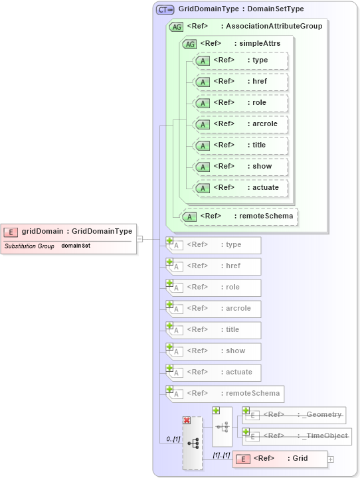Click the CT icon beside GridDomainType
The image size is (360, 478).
[165, 9]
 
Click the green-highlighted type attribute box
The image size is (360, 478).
[240, 60]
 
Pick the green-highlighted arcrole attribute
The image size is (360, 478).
[240, 124]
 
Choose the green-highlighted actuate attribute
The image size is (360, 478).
[240, 188]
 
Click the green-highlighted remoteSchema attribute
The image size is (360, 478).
[240, 216]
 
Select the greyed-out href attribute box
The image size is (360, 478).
[214, 266]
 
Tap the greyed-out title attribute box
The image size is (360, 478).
[214, 330]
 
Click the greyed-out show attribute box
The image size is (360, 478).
[214, 351]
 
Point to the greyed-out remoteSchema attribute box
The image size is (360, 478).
[224, 394]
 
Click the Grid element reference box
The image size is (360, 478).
[280, 459]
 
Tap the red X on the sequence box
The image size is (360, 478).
[187, 421]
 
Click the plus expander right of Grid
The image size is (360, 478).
[331, 459]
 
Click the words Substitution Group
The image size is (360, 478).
[29, 246]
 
